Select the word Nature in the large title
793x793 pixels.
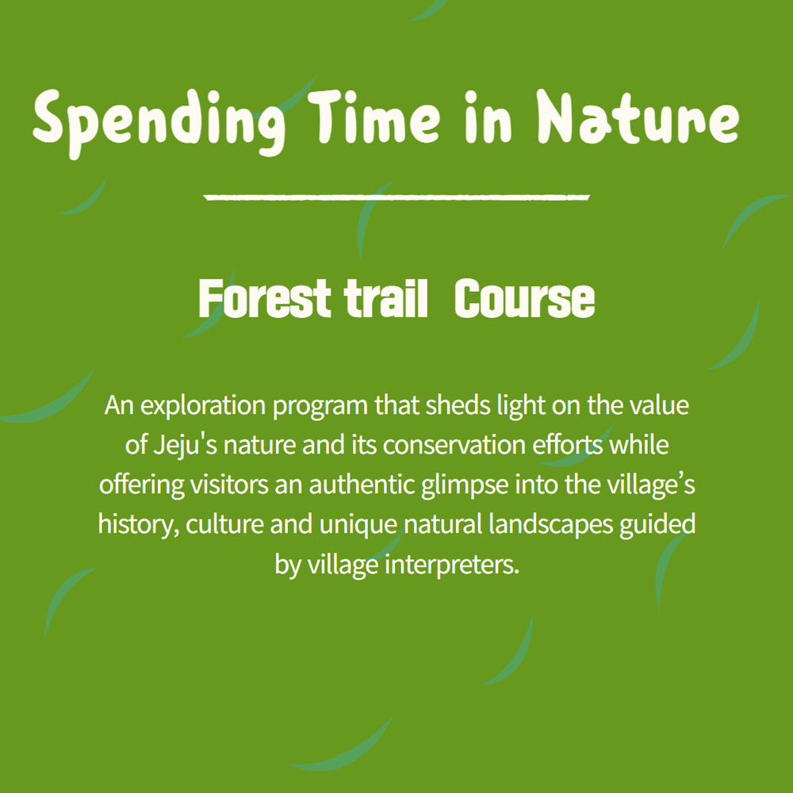638,117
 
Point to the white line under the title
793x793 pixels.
396,197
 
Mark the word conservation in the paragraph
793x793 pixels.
454,446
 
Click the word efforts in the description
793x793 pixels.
568,445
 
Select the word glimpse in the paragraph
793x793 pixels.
465,486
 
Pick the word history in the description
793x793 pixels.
138,525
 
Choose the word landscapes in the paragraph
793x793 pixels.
551,526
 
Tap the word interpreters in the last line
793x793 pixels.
452,565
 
